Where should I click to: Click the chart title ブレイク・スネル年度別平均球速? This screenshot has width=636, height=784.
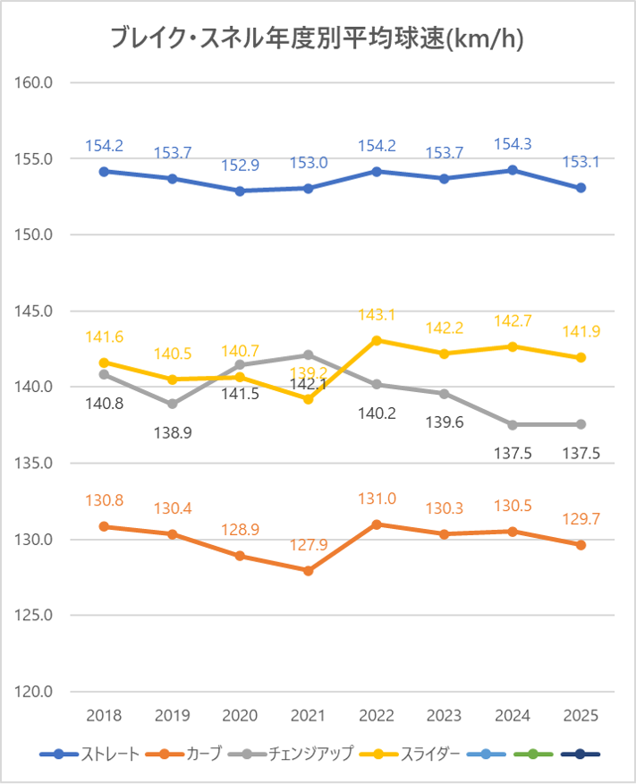click(317, 38)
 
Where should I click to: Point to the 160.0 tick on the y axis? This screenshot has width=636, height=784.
click(36, 82)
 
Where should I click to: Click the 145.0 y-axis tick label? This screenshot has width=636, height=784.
click(36, 311)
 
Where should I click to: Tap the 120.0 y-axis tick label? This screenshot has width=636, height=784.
click(36, 692)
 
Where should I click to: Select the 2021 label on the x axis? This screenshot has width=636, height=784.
click(308, 716)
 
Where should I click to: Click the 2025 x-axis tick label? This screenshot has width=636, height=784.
click(581, 716)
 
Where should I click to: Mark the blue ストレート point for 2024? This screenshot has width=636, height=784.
click(513, 170)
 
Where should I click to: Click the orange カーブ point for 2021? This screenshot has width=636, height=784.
click(308, 570)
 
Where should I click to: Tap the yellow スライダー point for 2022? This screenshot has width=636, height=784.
click(377, 340)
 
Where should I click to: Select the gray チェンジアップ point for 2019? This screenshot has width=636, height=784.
click(172, 404)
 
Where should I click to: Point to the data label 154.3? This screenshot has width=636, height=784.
click(513, 143)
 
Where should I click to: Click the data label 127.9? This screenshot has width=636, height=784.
click(308, 545)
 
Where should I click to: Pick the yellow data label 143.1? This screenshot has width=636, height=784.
click(377, 315)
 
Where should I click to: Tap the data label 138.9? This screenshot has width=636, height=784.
click(172, 432)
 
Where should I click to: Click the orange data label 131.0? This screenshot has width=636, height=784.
click(377, 499)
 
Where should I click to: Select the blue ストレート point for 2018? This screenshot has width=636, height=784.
click(104, 171)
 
